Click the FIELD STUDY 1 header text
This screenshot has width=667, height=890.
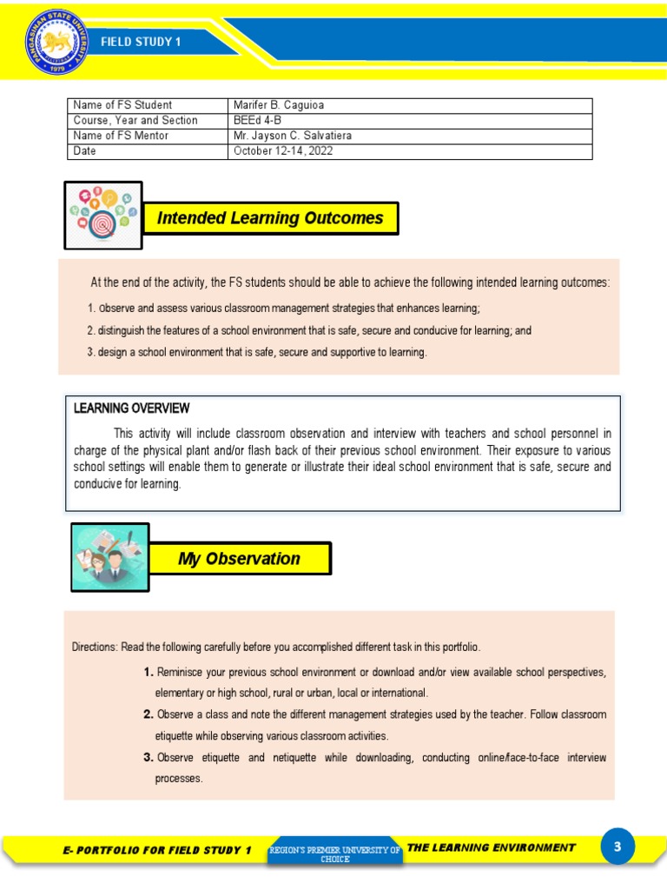[x=141, y=43]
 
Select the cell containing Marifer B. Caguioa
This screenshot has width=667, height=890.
[x=278, y=105]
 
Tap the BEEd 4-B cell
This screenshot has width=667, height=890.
[x=258, y=121]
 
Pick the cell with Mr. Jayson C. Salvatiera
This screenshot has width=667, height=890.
[x=293, y=136]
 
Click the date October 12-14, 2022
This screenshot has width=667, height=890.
[x=283, y=151]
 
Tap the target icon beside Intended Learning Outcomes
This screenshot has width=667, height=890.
[x=103, y=215]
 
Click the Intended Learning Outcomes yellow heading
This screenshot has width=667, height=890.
[x=270, y=218]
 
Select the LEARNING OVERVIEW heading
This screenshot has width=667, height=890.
[x=131, y=408]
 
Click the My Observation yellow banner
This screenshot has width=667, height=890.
[x=239, y=559]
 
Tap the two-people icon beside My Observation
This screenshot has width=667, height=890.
[x=109, y=556]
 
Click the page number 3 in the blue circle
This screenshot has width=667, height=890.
[x=617, y=847]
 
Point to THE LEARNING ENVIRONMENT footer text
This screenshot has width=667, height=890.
[x=491, y=847]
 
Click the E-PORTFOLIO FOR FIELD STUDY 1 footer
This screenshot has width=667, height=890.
[x=157, y=850]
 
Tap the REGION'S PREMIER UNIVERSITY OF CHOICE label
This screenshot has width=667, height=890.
[x=334, y=853]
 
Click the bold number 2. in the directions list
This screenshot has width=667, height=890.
[x=149, y=714]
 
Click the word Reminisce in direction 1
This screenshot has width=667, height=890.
[x=183, y=673]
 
